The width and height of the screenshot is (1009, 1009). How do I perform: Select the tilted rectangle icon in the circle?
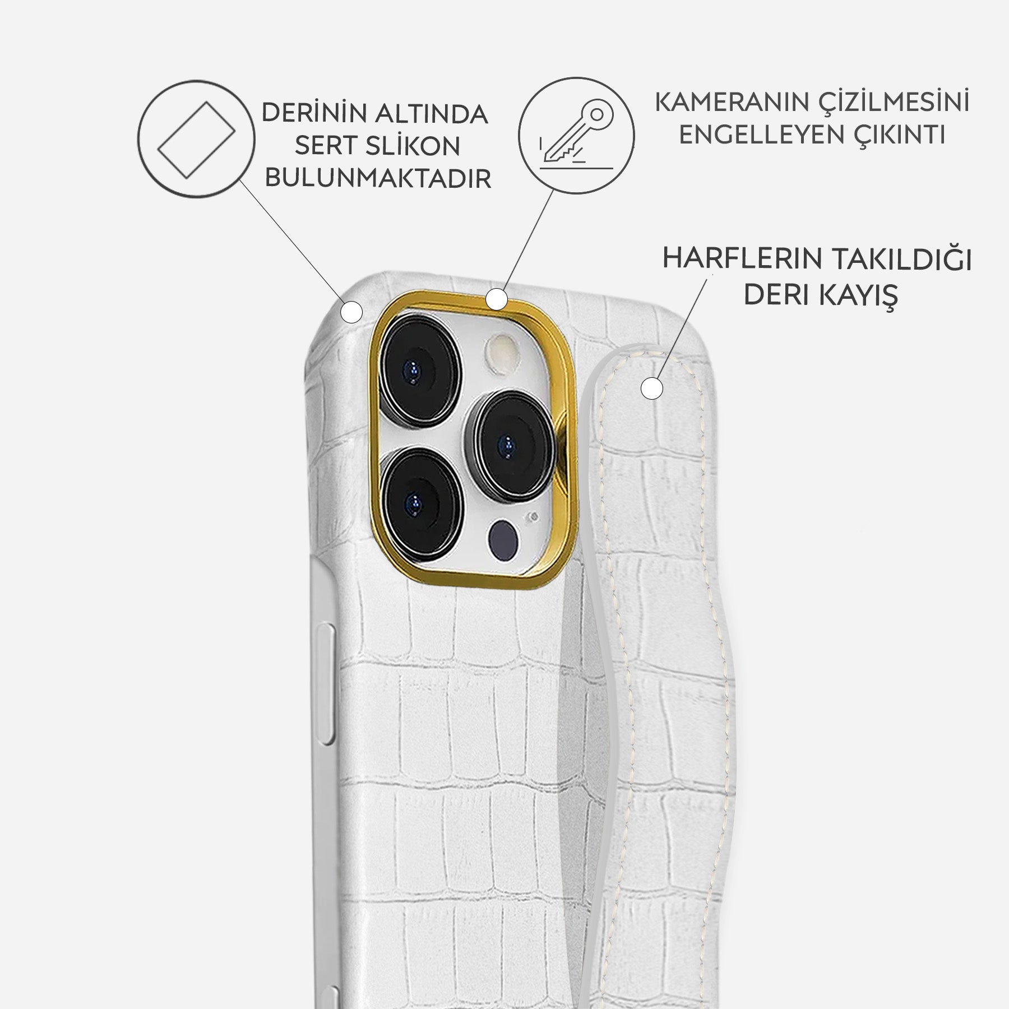[196, 138]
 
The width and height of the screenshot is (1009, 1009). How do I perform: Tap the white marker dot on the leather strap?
[651, 388]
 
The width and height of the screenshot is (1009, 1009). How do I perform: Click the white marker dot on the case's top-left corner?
[352, 312]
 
